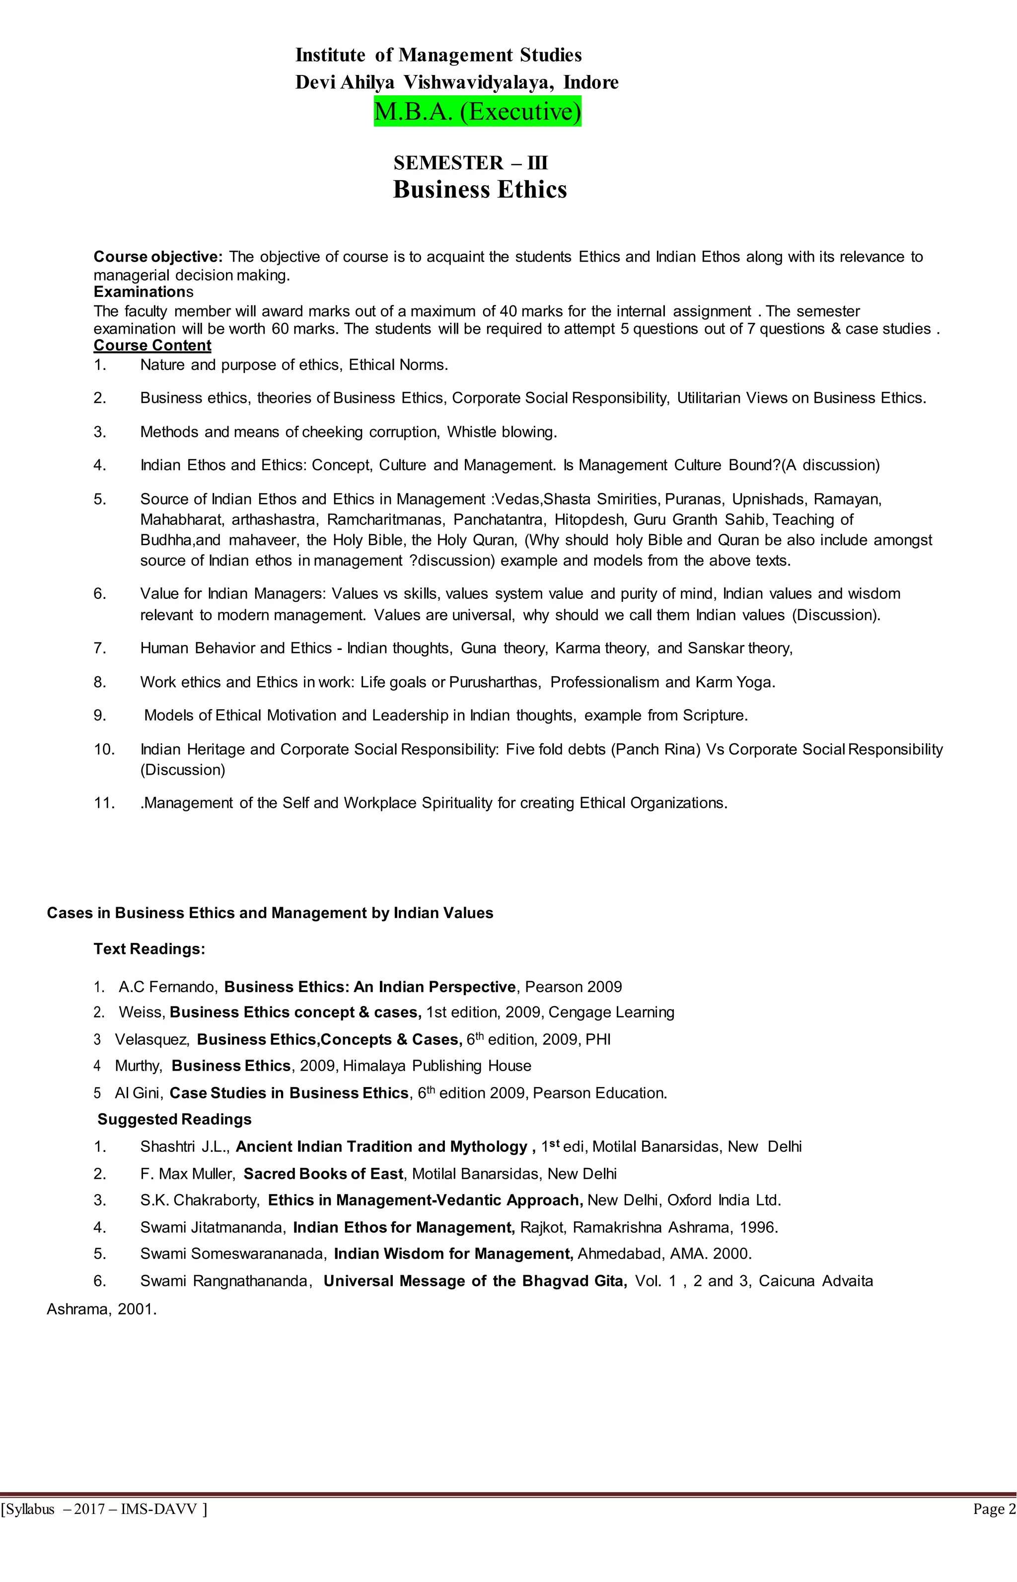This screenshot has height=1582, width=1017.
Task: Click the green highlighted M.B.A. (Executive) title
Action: coord(477,112)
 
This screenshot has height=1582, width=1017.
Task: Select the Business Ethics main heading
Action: coord(480,190)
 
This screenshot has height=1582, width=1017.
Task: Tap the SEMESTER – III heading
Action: coord(471,162)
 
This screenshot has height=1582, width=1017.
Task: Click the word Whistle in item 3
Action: coord(472,432)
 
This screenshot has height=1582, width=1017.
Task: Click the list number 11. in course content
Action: coord(105,803)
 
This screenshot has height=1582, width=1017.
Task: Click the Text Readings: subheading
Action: coord(149,949)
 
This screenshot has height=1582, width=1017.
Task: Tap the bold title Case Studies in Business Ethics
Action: coord(289,1093)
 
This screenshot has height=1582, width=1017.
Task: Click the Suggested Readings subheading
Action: coord(174,1120)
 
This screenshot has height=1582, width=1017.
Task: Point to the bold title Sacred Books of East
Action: coord(323,1174)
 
